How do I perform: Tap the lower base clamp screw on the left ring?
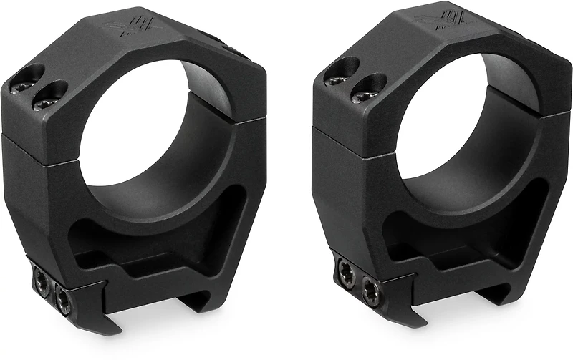[x=62, y=303]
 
